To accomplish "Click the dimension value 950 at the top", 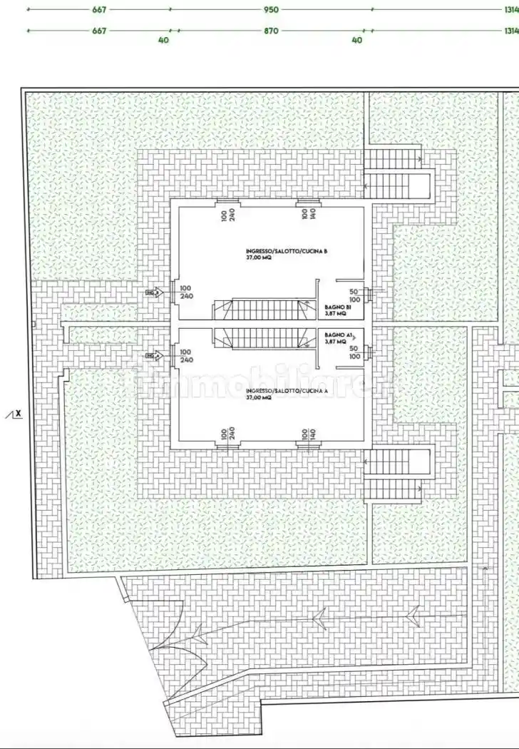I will coord(270,10).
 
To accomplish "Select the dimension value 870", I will coord(270,31).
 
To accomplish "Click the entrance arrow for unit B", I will coord(153,292).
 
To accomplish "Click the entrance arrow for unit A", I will coord(153,355).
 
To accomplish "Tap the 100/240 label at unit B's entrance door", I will coord(187,292).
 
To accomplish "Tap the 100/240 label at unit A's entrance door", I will coord(185,356).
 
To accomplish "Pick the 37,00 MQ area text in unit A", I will coord(259,398).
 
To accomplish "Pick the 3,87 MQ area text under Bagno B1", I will coord(335,312).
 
